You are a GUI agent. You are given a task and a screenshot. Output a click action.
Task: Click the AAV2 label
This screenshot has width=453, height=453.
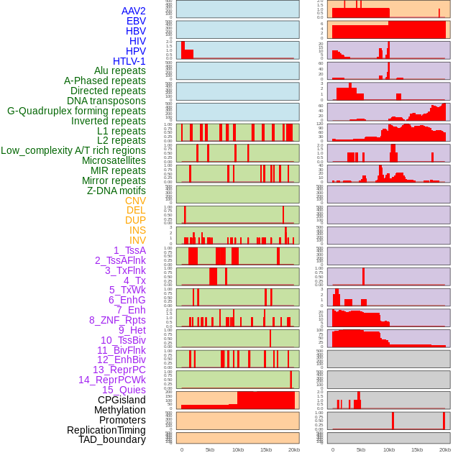(x=133, y=11)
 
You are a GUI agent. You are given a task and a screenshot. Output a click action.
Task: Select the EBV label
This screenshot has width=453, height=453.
(x=136, y=21)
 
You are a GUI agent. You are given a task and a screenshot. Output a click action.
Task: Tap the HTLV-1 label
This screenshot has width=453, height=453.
(x=129, y=61)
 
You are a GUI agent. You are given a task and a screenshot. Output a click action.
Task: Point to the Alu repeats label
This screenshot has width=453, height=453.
(x=119, y=70)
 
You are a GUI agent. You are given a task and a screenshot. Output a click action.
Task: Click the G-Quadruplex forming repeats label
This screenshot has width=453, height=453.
(x=76, y=111)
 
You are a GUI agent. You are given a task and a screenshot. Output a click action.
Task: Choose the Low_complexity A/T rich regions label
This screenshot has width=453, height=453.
(x=73, y=150)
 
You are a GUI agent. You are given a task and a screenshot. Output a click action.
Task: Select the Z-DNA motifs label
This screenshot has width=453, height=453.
(x=116, y=191)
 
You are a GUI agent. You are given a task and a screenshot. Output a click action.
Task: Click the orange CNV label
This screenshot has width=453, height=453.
(x=135, y=201)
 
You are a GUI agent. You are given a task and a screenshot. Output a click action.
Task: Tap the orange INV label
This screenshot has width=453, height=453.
(x=137, y=240)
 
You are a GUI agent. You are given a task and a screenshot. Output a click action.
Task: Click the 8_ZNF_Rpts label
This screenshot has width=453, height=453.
(x=117, y=320)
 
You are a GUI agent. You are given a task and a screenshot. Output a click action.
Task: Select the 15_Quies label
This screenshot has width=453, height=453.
(x=124, y=390)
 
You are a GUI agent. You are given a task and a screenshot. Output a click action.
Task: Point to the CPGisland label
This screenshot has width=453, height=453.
(x=122, y=400)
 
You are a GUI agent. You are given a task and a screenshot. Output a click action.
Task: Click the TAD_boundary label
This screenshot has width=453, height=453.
(x=112, y=439)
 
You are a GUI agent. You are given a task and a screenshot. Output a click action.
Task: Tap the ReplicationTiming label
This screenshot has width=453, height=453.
(x=106, y=430)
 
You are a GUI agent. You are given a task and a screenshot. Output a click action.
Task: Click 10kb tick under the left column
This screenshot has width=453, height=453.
(x=237, y=449)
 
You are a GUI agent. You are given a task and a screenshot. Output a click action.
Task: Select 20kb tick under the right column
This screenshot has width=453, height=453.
(x=445, y=449)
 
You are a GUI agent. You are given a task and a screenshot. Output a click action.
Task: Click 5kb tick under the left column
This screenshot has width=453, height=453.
(x=210, y=449)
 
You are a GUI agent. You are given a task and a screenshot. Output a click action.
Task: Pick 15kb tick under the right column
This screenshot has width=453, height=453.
(x=417, y=449)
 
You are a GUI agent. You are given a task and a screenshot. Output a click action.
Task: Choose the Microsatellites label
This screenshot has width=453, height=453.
(x=114, y=160)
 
